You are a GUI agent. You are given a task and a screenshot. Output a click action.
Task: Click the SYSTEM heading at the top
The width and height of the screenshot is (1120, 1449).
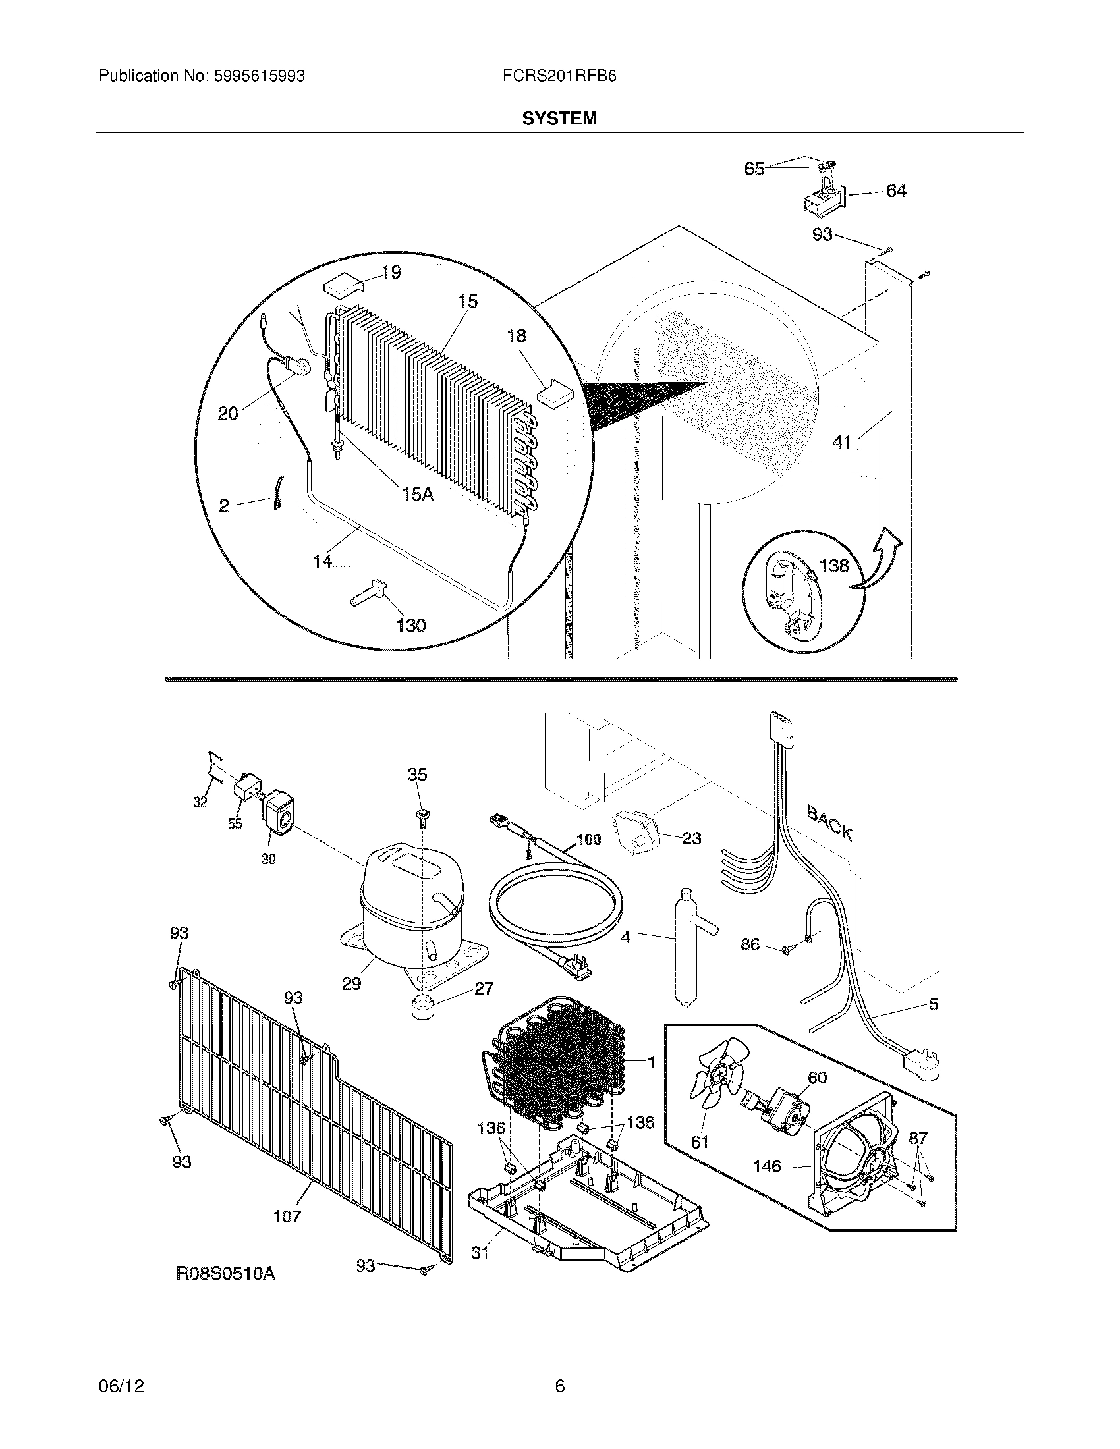point(559,118)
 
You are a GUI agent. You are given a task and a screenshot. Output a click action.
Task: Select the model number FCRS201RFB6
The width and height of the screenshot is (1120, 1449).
point(559,76)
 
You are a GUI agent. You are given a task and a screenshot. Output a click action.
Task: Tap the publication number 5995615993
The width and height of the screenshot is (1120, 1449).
point(259,76)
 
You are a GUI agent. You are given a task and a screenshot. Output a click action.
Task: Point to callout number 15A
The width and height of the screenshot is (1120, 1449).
point(417,493)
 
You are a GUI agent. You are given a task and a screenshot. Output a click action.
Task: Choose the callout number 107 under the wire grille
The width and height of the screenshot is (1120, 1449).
point(287,1216)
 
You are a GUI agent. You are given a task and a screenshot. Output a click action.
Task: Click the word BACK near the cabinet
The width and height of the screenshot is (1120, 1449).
point(829,823)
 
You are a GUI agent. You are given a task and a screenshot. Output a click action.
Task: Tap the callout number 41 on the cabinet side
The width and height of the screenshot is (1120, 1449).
point(841,442)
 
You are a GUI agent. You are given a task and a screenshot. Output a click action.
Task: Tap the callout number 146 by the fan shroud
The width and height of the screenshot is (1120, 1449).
point(767,1165)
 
